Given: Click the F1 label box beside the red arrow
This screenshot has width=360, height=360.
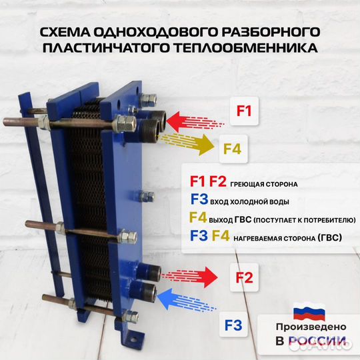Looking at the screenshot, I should [x=244, y=111].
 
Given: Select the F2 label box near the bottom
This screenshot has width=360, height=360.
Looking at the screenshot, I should [x=244, y=279].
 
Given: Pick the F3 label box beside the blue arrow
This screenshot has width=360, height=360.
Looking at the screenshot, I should [x=233, y=327].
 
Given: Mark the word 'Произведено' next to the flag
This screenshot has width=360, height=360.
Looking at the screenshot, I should [x=311, y=327].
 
